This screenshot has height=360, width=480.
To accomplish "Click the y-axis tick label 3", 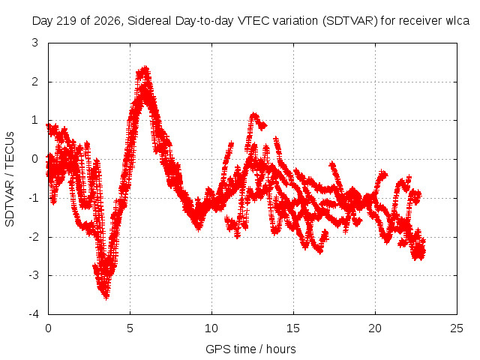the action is pos(34,43).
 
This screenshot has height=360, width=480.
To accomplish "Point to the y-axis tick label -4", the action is pos(33,313).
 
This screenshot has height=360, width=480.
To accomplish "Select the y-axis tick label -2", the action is pos(33,237).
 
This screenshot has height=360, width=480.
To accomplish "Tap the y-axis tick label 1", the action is pos(35,120).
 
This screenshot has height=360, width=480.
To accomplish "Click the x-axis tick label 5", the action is pos(130,328).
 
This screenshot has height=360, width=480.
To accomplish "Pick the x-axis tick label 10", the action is pos(211,328).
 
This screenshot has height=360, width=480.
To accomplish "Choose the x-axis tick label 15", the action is pos(293,328).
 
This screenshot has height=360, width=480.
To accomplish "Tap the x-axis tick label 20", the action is pos(375,328).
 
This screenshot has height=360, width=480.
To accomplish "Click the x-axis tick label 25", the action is pos(457,328).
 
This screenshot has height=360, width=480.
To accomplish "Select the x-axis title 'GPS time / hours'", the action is pos(250,349).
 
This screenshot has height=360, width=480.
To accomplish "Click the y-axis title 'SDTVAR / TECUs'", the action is pos(10,179).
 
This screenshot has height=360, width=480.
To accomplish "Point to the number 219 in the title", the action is pos(66,21).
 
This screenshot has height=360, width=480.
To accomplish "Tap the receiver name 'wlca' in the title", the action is pos(457,21).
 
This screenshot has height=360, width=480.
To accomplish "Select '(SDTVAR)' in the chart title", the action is pos(350,21).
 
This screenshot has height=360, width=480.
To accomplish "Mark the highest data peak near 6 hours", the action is pos(145,67).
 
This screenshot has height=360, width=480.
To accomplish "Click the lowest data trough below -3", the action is pos(106,297).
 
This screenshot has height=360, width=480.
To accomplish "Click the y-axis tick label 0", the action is pos(34,159).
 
